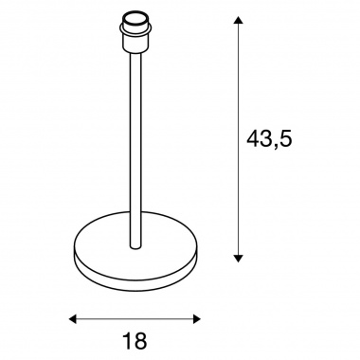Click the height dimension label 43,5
pos(269,139)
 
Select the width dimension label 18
pos(135,340)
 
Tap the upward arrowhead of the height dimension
pos(239,21)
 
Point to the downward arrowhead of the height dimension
pos(239,258)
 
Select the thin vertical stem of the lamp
pos(136,149)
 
